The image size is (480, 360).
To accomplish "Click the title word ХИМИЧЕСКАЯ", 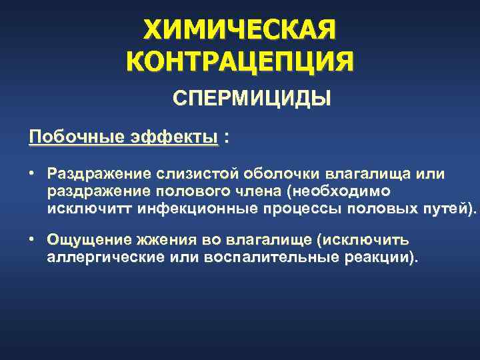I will point(240,30).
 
